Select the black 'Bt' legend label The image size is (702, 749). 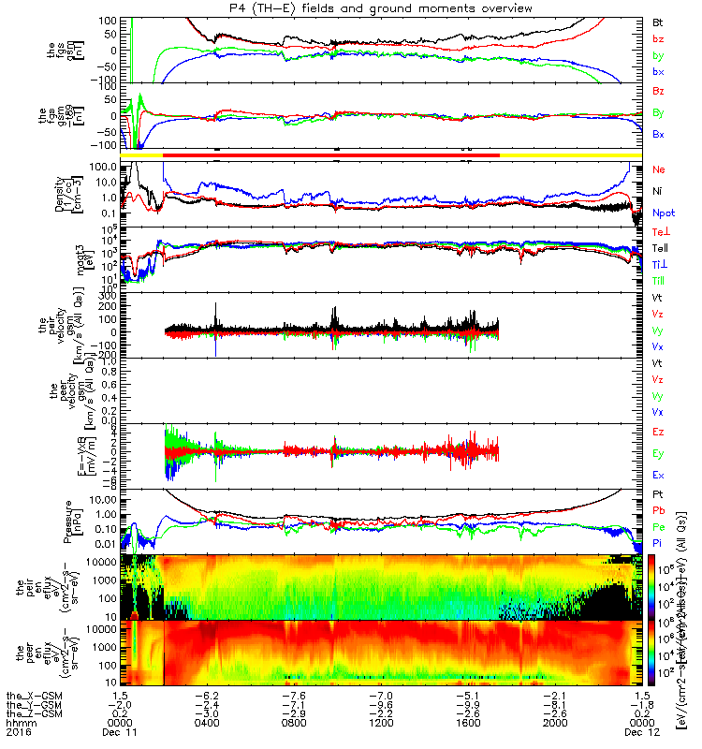tap(658, 21)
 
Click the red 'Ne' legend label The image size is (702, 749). tap(658, 169)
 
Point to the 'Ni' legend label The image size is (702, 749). tap(658, 191)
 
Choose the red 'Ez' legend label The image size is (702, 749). tap(658, 432)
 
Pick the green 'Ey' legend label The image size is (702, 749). tap(658, 453)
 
